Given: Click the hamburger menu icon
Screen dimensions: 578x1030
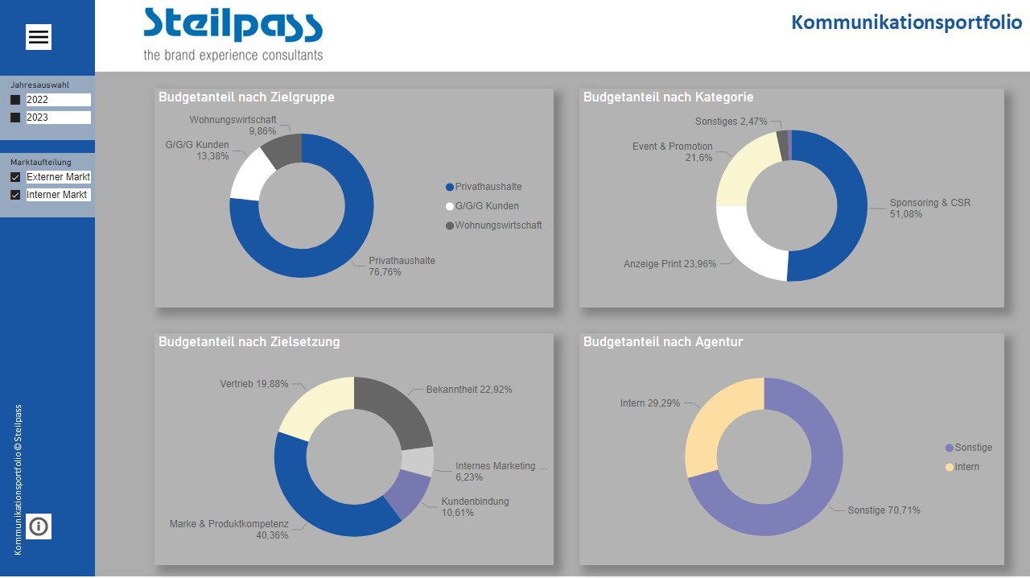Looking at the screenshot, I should [x=39, y=37].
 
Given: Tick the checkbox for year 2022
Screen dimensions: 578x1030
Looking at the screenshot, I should [x=15, y=100].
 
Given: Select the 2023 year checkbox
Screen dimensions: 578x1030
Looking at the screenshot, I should [x=15, y=118].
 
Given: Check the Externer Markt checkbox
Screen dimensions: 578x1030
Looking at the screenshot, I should [x=15, y=177].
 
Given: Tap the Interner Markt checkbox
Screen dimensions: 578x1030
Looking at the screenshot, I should [x=15, y=195].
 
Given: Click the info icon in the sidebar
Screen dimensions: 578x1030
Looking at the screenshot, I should [x=39, y=526].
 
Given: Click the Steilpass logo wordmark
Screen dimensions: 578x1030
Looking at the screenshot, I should [x=233, y=26].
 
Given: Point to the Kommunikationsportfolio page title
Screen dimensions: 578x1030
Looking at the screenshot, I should [x=906, y=22].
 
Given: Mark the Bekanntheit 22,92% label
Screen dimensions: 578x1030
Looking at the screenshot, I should [x=468, y=390].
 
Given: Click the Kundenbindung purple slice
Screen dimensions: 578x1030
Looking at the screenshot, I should [x=406, y=492].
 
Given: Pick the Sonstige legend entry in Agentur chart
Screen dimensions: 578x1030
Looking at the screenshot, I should [x=972, y=448].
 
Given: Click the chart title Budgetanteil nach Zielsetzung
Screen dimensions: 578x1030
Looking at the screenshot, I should [x=249, y=342].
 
